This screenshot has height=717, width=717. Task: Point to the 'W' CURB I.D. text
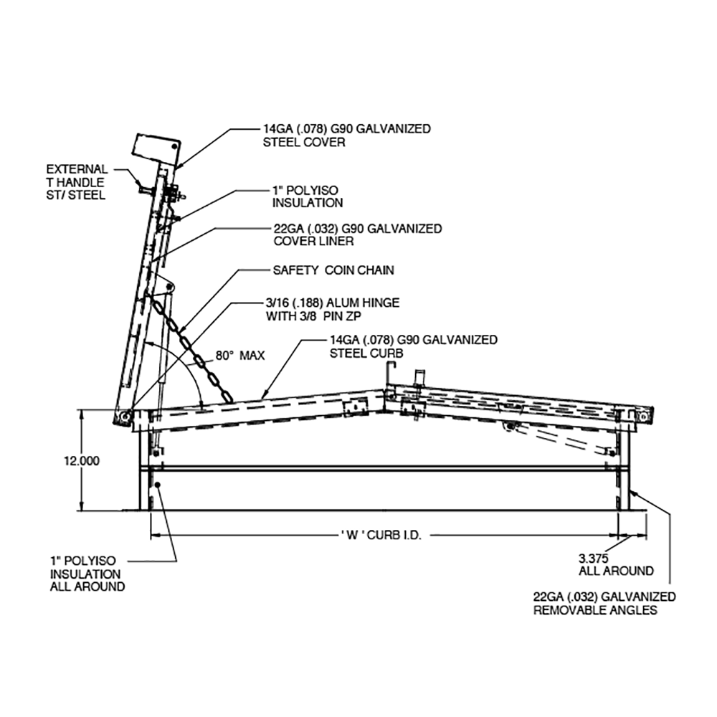(x=381, y=535)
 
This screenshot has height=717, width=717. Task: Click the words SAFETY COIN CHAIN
(x=333, y=271)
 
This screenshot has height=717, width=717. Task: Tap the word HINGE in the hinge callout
(x=374, y=303)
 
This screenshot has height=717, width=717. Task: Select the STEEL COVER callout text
(x=305, y=143)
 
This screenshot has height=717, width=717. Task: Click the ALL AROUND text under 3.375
(x=616, y=571)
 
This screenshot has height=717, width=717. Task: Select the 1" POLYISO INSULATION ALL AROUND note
(x=87, y=573)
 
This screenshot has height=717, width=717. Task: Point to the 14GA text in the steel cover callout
(x=278, y=129)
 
